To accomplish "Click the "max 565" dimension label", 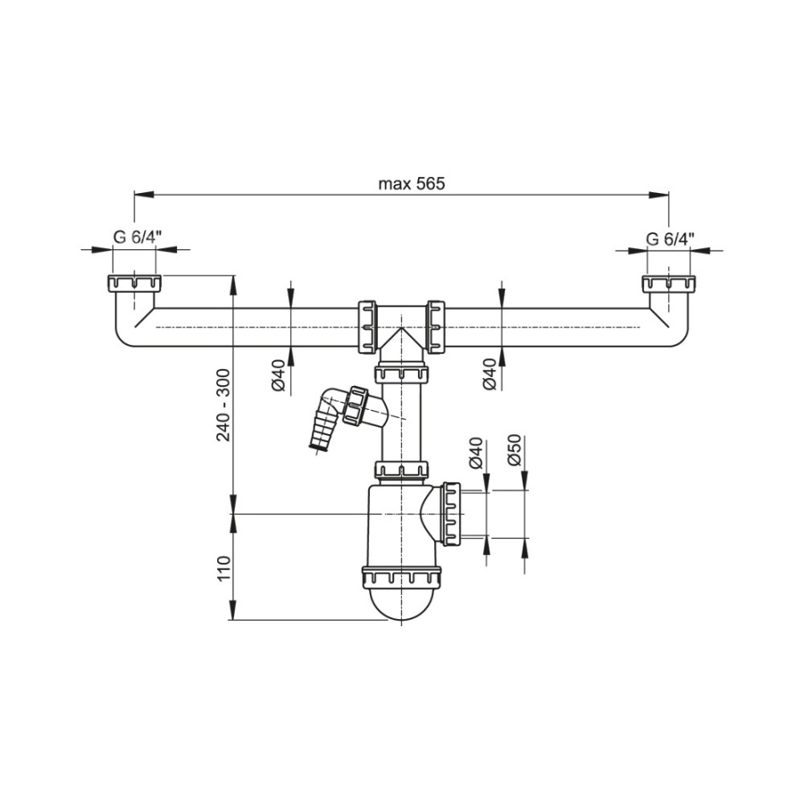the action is pyautogui.click(x=411, y=183).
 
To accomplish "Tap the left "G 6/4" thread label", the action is pyautogui.click(x=138, y=238).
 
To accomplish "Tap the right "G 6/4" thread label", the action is pyautogui.click(x=670, y=239).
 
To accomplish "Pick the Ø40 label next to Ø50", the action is pyautogui.click(x=476, y=453).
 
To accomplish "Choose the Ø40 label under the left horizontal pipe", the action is pyautogui.click(x=279, y=376).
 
